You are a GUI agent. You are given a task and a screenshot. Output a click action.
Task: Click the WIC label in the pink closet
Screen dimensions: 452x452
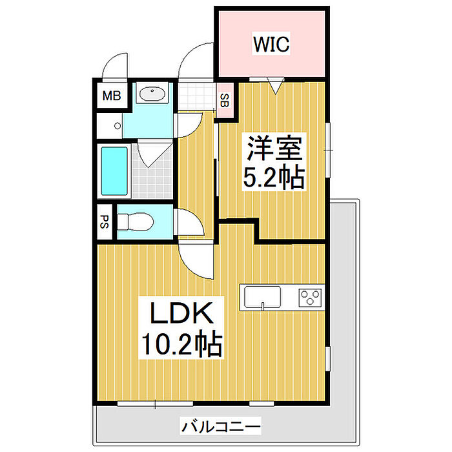271,44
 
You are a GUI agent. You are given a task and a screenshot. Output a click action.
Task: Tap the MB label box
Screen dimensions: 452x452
112,96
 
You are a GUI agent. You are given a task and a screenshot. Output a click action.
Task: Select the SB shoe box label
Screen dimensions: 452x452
225,100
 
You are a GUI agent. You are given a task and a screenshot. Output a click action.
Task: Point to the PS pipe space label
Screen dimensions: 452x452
104,221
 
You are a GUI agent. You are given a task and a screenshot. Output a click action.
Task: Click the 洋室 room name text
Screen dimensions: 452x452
274,148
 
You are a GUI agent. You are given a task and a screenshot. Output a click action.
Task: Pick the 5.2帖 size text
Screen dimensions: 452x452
274,177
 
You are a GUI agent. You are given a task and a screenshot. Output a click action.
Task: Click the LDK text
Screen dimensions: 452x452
182,313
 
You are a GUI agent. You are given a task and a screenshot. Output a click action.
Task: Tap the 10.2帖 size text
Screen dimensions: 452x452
182,344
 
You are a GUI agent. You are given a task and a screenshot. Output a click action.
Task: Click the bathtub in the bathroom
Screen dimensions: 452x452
114,171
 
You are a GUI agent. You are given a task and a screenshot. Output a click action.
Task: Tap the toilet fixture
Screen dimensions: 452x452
135,221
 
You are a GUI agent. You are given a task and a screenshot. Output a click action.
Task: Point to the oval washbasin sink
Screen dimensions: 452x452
152,94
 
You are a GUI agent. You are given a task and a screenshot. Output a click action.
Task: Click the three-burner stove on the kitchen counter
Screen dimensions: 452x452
310,298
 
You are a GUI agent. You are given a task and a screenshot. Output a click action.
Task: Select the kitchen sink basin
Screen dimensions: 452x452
262,297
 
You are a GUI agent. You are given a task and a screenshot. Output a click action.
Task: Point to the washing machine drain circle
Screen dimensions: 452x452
118,126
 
